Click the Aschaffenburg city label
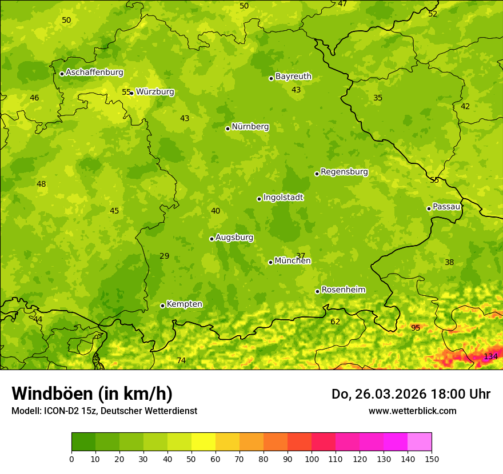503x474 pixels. [94, 73]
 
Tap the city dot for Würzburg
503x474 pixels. [131, 93]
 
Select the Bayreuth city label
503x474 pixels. [293, 77]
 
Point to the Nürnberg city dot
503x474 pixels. [227, 128]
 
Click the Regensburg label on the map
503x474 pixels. [344, 172]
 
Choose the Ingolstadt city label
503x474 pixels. [283, 198]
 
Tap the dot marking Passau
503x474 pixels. [429, 208]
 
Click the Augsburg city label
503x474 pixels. [234, 238]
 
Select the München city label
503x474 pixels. [293, 261]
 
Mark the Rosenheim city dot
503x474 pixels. [317, 292]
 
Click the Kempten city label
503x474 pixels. [184, 304]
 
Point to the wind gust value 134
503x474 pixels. [490, 356]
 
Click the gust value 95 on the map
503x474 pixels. [416, 328]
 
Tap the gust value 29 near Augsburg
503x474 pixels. [164, 256]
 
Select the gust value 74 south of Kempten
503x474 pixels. [181, 360]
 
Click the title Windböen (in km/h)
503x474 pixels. [92, 393]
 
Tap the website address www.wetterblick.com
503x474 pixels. [412, 411]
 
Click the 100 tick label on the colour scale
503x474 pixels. [312, 459]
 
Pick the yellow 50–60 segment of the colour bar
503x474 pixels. [203, 442]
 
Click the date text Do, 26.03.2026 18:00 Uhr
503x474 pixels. [411, 394]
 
